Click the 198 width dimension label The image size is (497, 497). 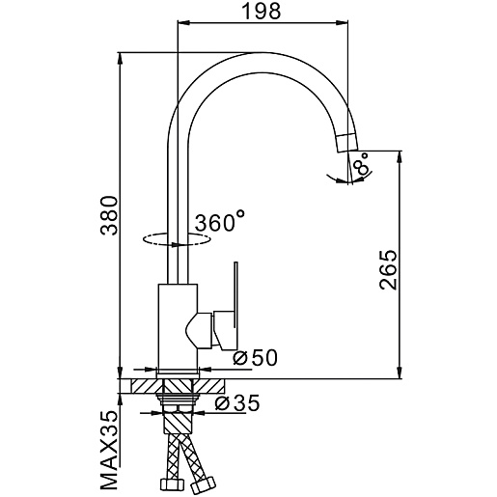[x=261, y=12]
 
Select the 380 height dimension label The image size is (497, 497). [x=109, y=215]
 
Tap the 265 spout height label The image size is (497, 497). [x=388, y=269]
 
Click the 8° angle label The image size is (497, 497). [x=361, y=164]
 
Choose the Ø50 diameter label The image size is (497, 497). [x=255, y=357]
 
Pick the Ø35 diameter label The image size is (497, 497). [x=237, y=402]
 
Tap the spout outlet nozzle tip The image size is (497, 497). [x=346, y=143]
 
